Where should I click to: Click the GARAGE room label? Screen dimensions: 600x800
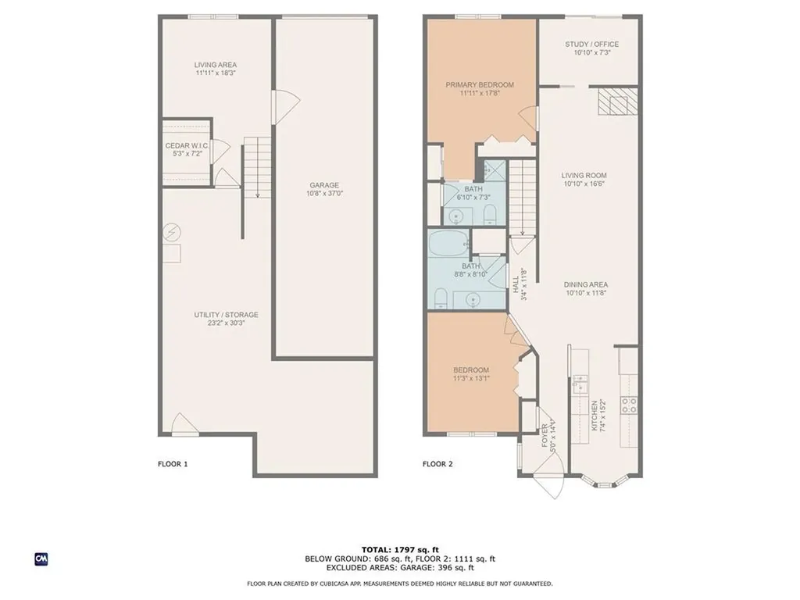click(323, 185)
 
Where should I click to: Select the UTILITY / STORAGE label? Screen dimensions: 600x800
click(226, 315)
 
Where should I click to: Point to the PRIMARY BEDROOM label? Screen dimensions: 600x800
click(480, 84)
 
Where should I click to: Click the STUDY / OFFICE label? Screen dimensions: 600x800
click(591, 45)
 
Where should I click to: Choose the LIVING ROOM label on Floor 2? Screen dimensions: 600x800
click(584, 176)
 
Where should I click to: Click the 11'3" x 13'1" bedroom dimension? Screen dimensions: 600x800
click(471, 379)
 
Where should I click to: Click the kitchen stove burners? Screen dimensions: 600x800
click(628, 404)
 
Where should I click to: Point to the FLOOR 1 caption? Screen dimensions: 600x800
click(173, 464)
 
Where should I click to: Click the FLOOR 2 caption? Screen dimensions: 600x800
click(437, 464)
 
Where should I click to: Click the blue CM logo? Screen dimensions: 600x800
click(41, 559)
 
